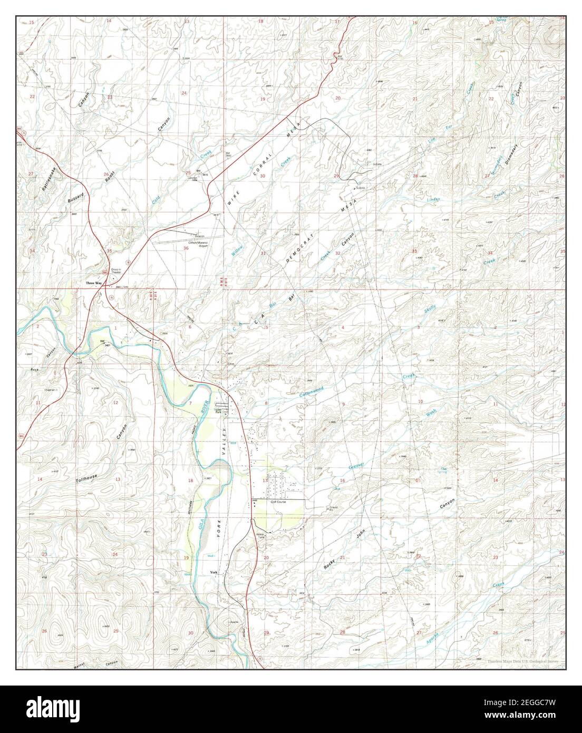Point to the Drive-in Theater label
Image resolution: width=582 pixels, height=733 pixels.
pos(116,271)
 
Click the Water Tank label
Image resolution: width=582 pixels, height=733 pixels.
pos(263,536)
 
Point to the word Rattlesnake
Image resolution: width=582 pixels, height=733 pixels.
pos(50,181)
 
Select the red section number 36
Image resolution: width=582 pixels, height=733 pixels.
pos(186,248)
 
